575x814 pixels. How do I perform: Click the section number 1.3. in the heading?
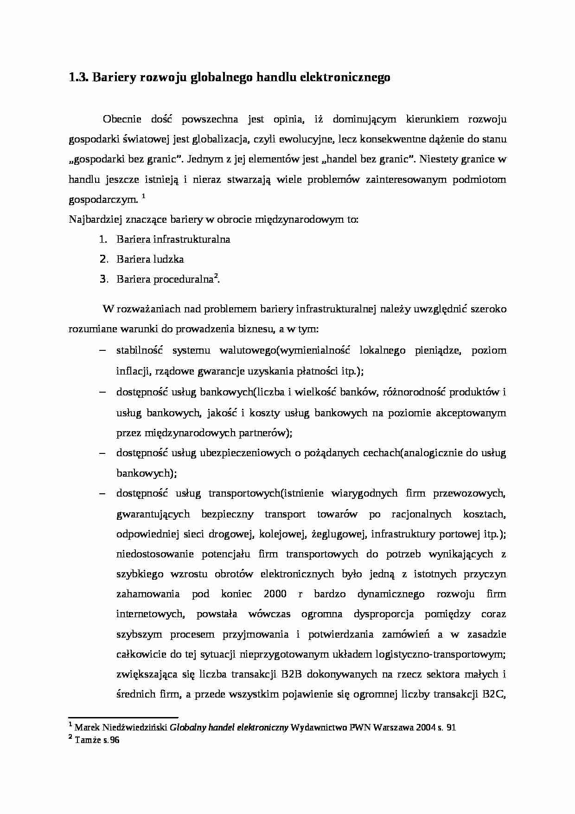(x=79, y=78)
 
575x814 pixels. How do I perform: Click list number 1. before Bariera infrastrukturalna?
(x=103, y=239)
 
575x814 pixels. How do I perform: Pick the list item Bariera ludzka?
(x=150, y=259)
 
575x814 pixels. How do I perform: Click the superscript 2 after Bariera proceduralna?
(x=216, y=277)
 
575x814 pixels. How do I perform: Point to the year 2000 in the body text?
(x=275, y=594)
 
